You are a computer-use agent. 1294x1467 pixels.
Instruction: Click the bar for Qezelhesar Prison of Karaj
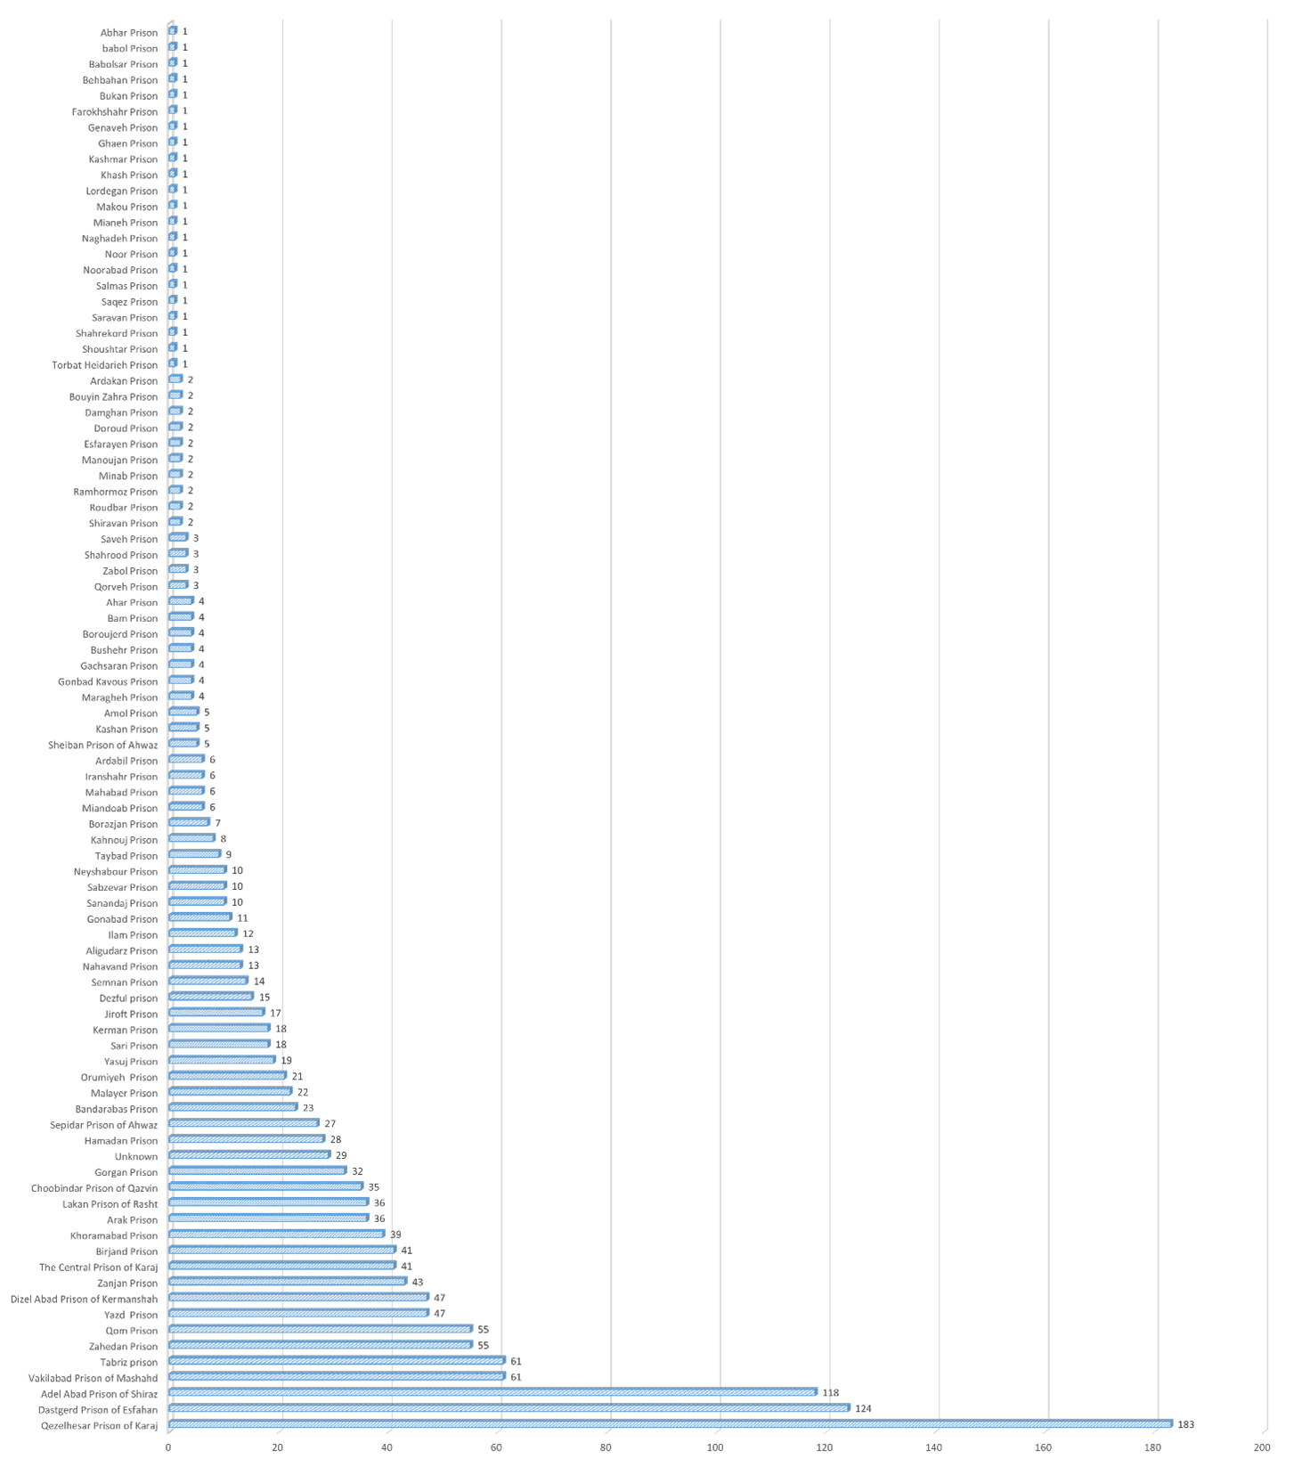(x=671, y=1423)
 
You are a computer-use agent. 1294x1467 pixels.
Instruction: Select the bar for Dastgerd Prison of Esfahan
(x=509, y=1407)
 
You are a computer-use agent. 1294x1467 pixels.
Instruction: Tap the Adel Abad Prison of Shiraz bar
(x=492, y=1391)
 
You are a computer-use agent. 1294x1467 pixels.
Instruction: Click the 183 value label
(x=1185, y=1425)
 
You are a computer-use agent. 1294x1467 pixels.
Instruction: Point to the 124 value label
(x=863, y=1409)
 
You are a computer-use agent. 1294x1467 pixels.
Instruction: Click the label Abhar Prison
(x=128, y=32)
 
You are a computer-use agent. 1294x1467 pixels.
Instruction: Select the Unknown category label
(x=135, y=1156)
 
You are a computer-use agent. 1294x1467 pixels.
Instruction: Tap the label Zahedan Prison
(x=123, y=1346)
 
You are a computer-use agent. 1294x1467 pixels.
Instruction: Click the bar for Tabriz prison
(x=337, y=1360)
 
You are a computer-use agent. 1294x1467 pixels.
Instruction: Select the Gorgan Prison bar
(x=257, y=1170)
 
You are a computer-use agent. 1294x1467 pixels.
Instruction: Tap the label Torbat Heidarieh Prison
(x=104, y=364)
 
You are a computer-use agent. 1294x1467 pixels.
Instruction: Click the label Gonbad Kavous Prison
(x=107, y=681)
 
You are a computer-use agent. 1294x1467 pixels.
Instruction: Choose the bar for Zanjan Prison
(x=287, y=1281)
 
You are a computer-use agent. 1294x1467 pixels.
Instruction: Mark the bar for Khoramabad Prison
(x=276, y=1234)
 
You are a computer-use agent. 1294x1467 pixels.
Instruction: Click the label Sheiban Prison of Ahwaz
(x=102, y=745)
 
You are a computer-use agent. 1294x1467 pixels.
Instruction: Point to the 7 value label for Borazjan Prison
(x=217, y=824)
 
